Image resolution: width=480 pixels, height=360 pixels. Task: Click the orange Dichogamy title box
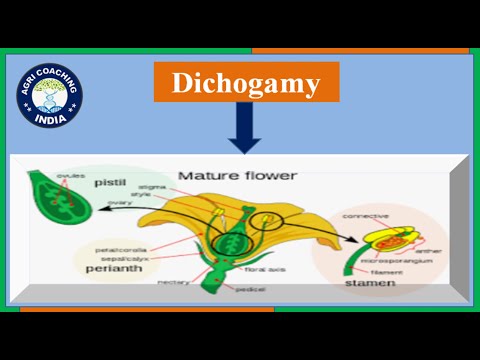click(x=246, y=81)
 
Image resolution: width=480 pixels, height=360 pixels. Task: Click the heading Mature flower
click(x=237, y=176)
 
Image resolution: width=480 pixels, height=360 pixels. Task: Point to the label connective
click(x=366, y=215)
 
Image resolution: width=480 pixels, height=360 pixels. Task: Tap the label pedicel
click(x=248, y=288)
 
